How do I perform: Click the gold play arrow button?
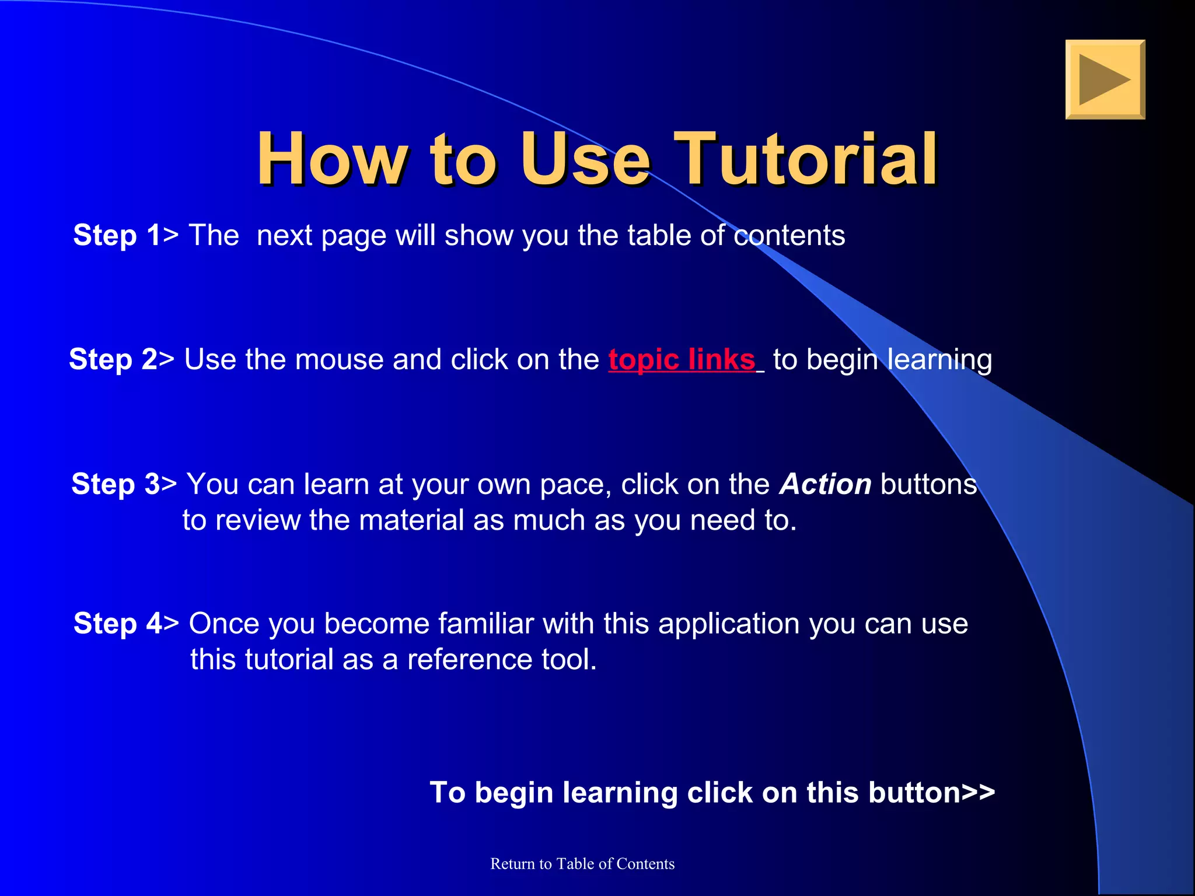pyautogui.click(x=1105, y=80)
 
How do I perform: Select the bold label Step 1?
pyautogui.click(x=117, y=236)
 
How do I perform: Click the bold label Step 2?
pyautogui.click(x=113, y=359)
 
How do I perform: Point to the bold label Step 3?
pyautogui.click(x=116, y=484)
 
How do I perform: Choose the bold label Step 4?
pyautogui.click(x=117, y=624)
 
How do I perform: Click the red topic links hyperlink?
pyautogui.click(x=682, y=359)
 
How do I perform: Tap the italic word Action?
pyautogui.click(x=825, y=484)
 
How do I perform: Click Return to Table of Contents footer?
pyautogui.click(x=582, y=864)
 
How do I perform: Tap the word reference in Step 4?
pyautogui.click(x=469, y=660)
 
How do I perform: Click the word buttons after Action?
pyautogui.click(x=928, y=484)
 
